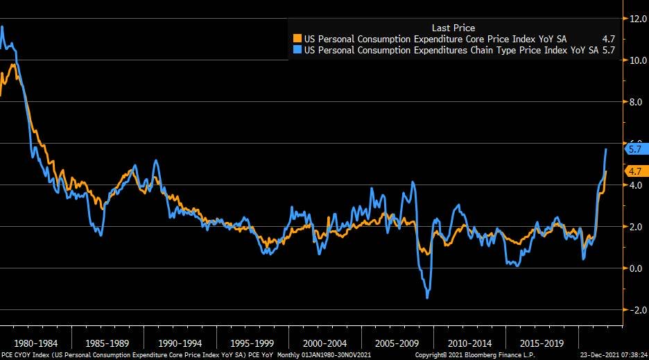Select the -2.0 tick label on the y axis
pyautogui.click(x=636, y=310)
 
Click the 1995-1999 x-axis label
pyautogui.click(x=252, y=343)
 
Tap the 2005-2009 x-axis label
pyautogui.click(x=397, y=343)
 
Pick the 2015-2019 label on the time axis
pyautogui.click(x=541, y=343)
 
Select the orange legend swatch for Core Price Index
pyautogui.click(x=297, y=39)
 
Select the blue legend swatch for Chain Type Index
pyautogui.click(x=297, y=50)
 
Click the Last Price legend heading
pyautogui.click(x=453, y=28)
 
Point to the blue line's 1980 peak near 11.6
pyautogui.click(x=3, y=27)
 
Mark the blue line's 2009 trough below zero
pyautogui.click(x=427, y=298)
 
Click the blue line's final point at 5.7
pyautogui.click(x=607, y=149)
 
